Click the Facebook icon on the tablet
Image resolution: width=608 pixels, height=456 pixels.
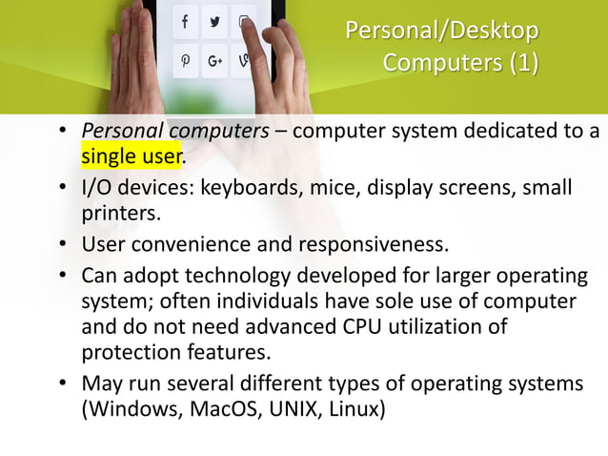tap(184, 21)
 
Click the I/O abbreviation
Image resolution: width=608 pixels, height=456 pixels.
tap(98, 188)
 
